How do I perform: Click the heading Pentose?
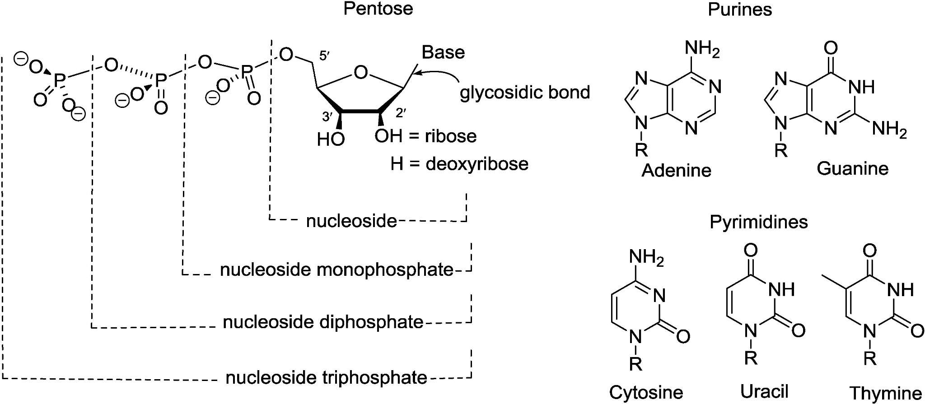[378, 9]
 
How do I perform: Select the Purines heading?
[740, 9]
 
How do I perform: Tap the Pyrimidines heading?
[758, 222]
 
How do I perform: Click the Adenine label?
[676, 171]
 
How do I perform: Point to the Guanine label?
[852, 169]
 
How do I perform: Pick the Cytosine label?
[646, 392]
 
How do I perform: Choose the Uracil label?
[764, 391]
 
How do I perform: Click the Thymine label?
[885, 393]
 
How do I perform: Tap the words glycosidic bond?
[525, 93]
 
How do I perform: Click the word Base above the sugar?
[443, 52]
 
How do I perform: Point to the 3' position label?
[327, 117]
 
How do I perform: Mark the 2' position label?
[401, 113]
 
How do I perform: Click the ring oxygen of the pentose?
[360, 72]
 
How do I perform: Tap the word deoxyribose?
[477, 163]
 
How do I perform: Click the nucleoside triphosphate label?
[326, 377]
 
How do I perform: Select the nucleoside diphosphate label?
[323, 322]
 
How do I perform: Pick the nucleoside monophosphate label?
[336, 269]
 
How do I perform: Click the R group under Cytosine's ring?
[635, 364]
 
